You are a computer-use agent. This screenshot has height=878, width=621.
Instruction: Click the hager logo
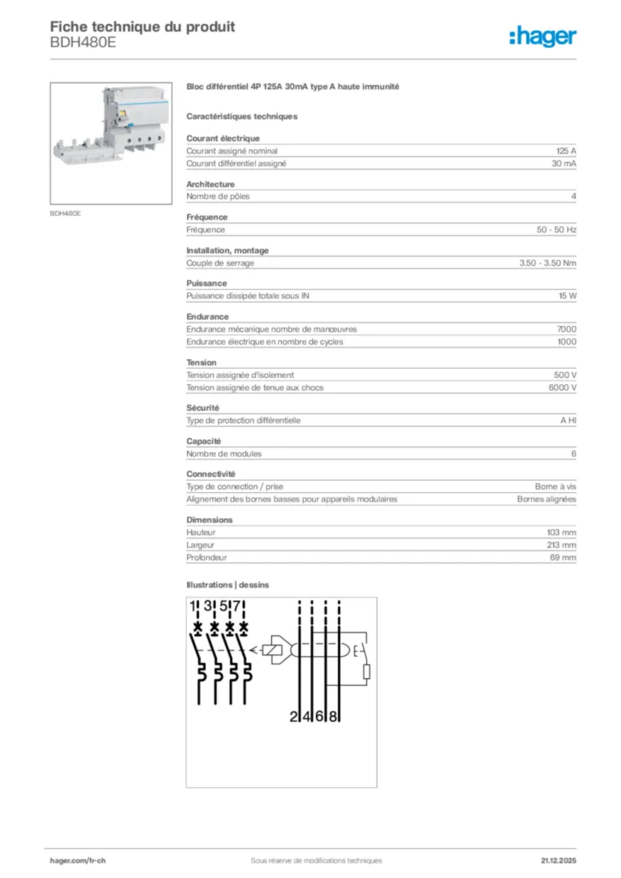coord(542,36)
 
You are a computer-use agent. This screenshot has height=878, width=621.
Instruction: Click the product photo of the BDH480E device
coord(112,143)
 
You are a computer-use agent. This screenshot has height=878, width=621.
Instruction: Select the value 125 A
coord(566,150)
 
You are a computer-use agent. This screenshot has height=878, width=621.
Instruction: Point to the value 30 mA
coord(564,163)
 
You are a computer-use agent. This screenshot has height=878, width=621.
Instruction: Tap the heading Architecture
coord(210,183)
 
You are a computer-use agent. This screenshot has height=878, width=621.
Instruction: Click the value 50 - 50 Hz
coord(557,230)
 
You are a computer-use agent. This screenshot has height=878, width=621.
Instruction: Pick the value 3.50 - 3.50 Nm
coord(547,263)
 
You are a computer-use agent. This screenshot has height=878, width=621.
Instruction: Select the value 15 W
coord(567,296)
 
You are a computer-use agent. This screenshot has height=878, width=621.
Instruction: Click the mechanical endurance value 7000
coord(566,329)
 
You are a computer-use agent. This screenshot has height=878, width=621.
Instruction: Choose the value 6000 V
coord(562,388)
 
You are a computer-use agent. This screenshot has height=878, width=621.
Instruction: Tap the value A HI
coord(568,421)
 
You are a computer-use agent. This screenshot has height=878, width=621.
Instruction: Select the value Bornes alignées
coord(546,499)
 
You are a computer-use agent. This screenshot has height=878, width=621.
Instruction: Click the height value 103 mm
coord(561,532)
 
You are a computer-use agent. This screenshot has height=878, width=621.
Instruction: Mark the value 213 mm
coord(561,544)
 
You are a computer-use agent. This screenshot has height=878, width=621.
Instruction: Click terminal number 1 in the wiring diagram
coord(195,608)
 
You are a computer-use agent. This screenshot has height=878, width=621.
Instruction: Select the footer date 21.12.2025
coord(558,861)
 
